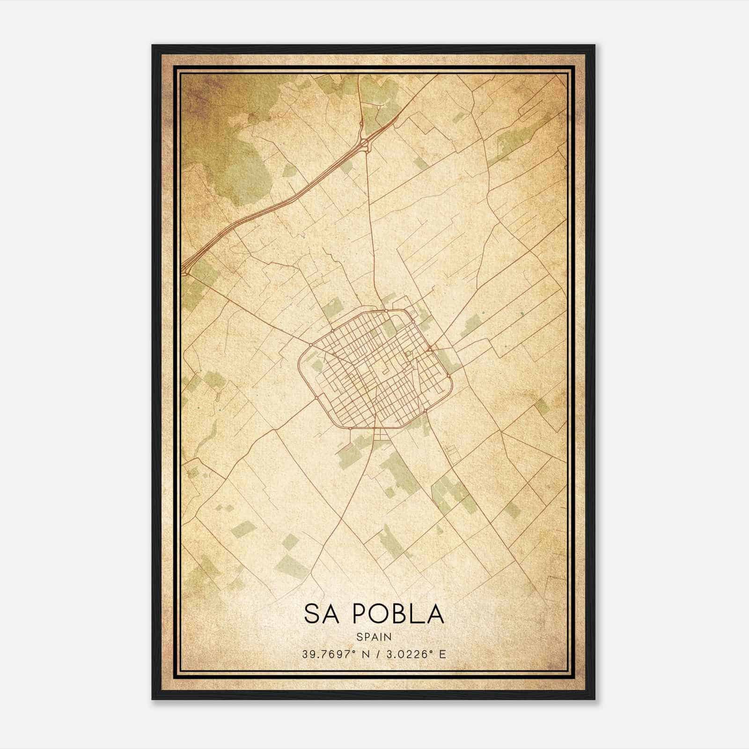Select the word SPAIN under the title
click(374, 637)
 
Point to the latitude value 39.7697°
click(327, 654)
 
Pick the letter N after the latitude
click(363, 654)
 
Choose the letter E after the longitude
click(442, 654)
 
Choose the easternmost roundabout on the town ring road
click(448, 375)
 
